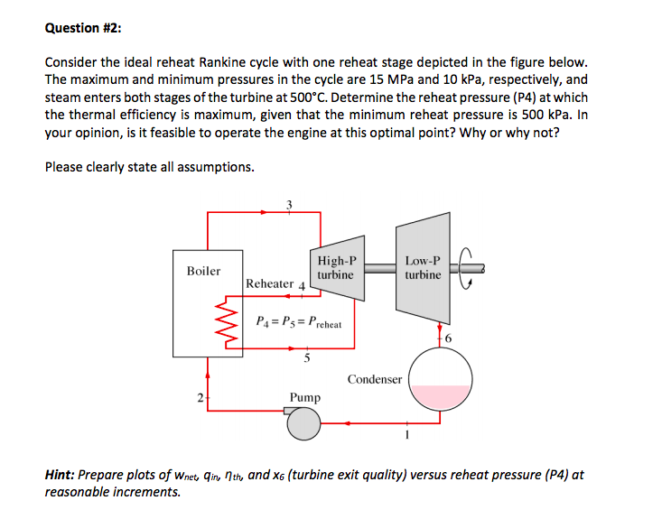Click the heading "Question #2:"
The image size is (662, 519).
tap(84, 28)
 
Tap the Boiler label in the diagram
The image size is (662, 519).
tap(203, 271)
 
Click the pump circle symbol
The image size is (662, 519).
tap(304, 422)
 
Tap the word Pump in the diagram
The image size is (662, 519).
tap(304, 397)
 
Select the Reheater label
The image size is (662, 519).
tap(269, 283)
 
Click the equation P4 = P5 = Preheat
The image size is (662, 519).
tap(299, 320)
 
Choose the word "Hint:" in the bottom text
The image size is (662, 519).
tap(61, 475)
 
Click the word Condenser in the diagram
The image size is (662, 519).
tap(374, 379)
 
